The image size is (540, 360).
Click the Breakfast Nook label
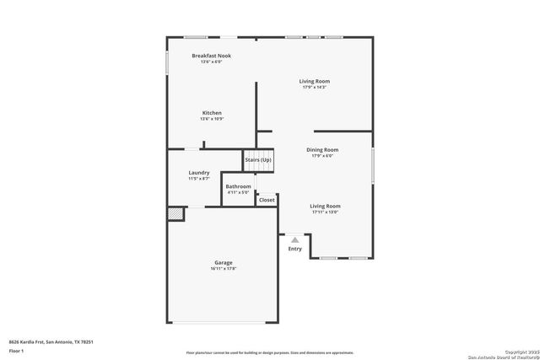coord(211,56)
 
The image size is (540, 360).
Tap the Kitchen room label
coord(211,113)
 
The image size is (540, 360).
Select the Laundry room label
coord(198,173)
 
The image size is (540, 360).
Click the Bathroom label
coord(238,186)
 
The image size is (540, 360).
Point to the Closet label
coord(267,200)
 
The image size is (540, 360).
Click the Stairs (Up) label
coord(258,160)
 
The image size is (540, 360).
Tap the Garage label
coord(223,262)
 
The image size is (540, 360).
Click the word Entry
coord(294,249)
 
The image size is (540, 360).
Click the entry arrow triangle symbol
coord(294,240)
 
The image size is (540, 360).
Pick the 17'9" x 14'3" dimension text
coord(313,87)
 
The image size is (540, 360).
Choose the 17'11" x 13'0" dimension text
coord(325,212)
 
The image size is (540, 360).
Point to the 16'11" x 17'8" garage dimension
coord(223,269)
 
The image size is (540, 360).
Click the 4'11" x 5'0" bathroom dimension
coord(238,192)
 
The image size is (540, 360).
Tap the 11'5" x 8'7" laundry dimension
coord(198,179)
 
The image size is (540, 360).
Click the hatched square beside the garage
coord(175,215)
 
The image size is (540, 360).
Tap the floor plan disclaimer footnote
coord(270,352)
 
